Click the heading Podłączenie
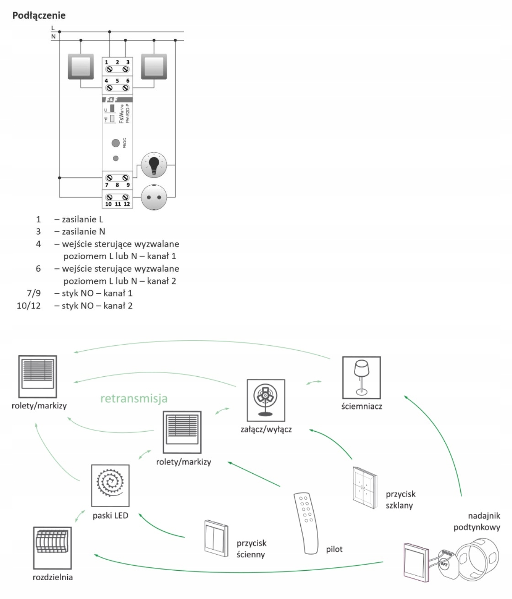click(39, 16)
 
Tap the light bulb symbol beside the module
click(154, 165)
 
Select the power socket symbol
click(154, 198)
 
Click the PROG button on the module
click(116, 143)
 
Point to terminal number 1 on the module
click(107, 62)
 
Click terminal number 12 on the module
click(127, 204)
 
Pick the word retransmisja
click(134, 398)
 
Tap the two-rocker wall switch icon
click(216, 539)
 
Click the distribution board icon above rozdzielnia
click(53, 548)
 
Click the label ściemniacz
click(362, 406)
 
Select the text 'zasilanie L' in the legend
click(82, 219)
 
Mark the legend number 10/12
click(28, 306)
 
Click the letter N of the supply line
click(53, 36)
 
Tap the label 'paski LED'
click(110, 515)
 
